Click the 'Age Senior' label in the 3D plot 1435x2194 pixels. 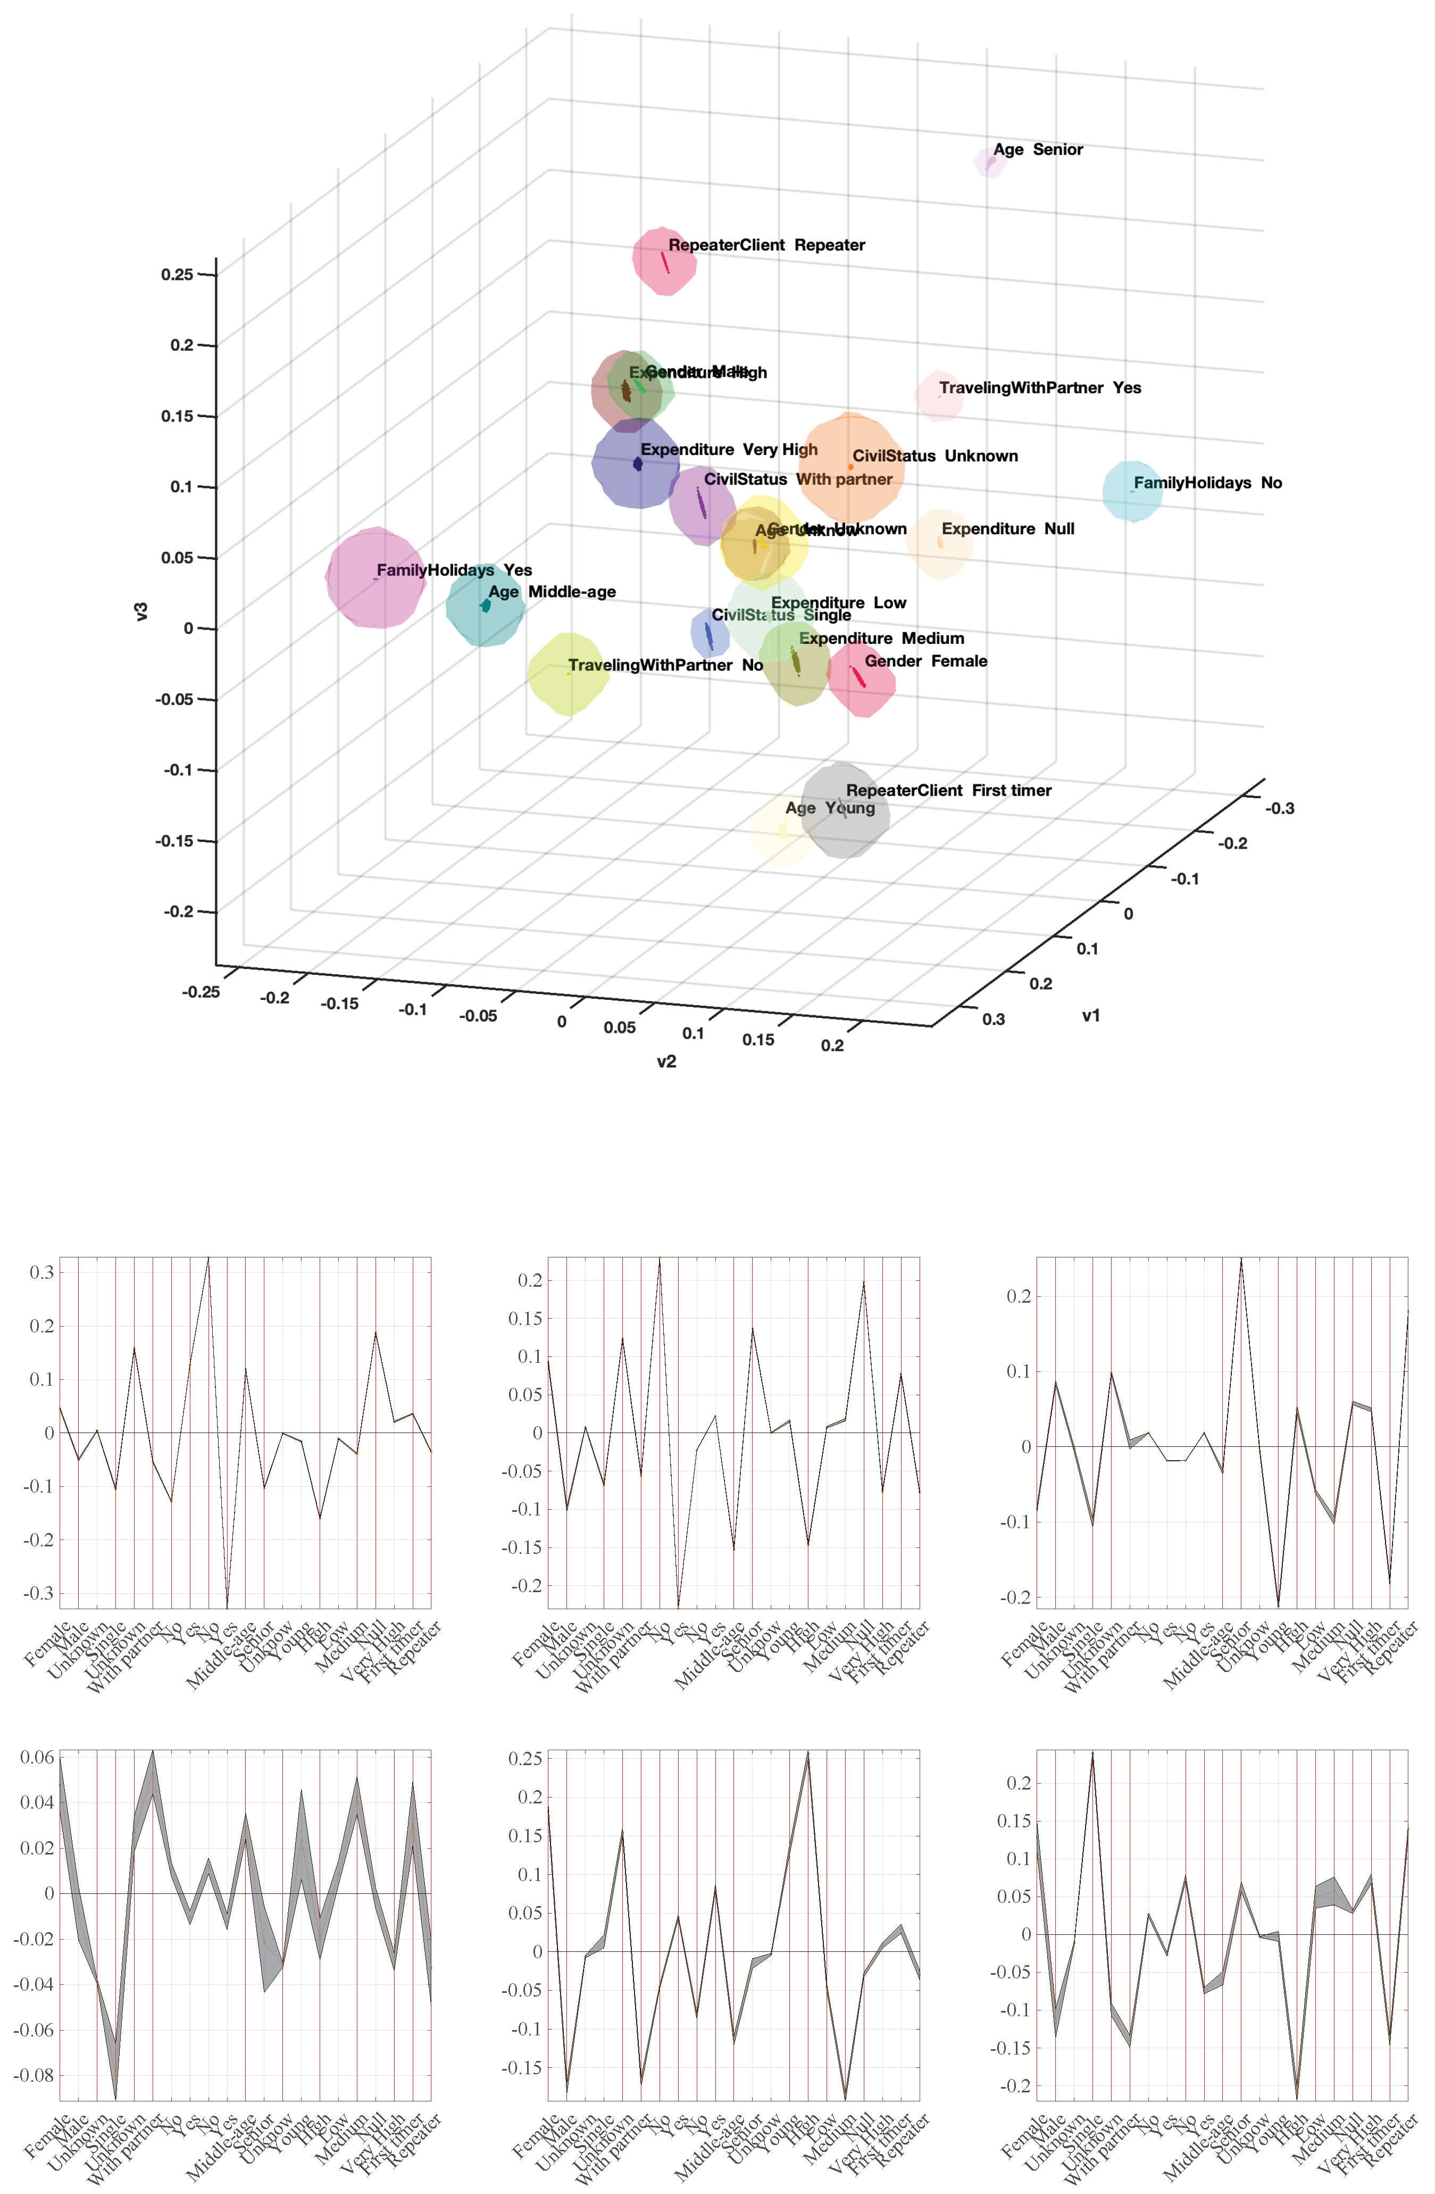(1038, 150)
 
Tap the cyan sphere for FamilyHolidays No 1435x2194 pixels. (1132, 491)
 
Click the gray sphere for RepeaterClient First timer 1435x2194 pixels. (844, 811)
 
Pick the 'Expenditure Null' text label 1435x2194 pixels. (1007, 529)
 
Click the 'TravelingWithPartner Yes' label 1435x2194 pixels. (1040, 388)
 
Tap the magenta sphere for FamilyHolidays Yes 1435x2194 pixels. (375, 578)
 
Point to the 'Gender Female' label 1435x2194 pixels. (925, 661)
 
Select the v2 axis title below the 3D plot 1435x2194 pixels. (666, 1062)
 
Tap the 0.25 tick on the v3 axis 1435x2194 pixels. (177, 275)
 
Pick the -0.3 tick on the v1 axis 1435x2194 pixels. (1279, 808)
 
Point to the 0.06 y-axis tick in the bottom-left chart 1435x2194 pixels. (37, 1757)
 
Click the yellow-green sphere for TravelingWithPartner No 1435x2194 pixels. (568, 674)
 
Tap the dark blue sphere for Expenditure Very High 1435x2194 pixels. (636, 463)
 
